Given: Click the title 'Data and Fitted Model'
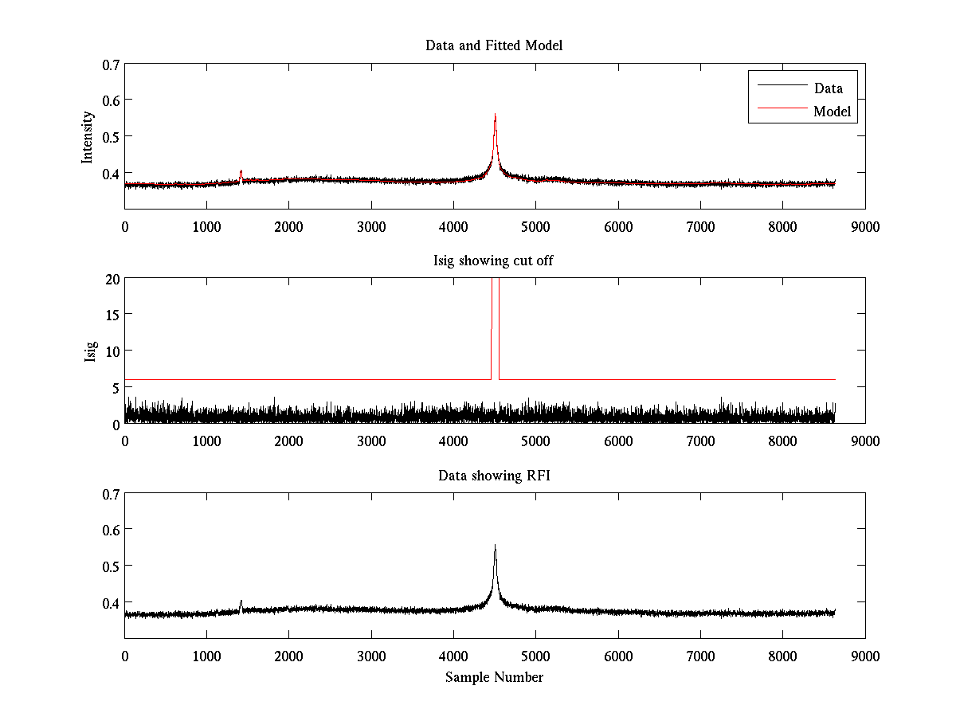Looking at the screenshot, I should pyautogui.click(x=494, y=45).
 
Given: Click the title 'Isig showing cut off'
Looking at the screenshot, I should pyautogui.click(x=494, y=261).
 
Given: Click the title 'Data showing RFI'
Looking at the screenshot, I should pyautogui.click(x=494, y=476).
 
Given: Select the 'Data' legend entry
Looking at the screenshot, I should pyautogui.click(x=828, y=88).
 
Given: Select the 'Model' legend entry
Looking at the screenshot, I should pyautogui.click(x=832, y=112).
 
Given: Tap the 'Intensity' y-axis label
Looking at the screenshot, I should pyautogui.click(x=88, y=136).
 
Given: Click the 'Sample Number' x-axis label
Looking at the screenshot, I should pyautogui.click(x=494, y=677).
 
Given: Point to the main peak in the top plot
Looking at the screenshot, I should pyautogui.click(x=495, y=116).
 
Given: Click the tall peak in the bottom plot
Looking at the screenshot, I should pyautogui.click(x=495, y=547).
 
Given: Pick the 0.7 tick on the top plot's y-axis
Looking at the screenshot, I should pyautogui.click(x=111, y=64).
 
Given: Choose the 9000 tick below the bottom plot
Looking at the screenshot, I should pyautogui.click(x=865, y=656).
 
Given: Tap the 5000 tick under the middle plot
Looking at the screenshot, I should pyautogui.click(x=535, y=441).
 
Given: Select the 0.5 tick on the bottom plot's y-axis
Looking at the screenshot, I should pyautogui.click(x=111, y=566).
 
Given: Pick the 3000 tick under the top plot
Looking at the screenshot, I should pyautogui.click(x=371, y=226).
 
